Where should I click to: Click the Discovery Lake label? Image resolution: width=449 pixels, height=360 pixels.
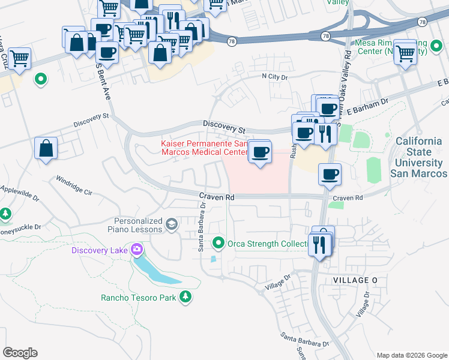(100, 250)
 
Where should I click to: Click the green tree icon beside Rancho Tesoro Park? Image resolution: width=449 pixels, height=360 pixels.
(185, 296)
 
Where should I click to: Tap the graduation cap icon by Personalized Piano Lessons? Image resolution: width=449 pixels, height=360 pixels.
(172, 224)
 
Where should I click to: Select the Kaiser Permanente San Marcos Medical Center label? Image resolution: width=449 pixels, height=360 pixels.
(204, 148)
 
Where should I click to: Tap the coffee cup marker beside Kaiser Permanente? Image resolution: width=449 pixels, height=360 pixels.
(260, 152)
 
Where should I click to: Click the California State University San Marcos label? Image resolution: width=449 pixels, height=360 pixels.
(418, 157)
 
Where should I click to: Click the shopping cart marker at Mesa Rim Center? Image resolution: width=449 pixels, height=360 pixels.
(405, 53)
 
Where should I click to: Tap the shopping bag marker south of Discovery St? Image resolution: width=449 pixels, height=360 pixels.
(46, 149)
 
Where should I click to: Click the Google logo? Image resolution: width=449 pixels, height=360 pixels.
(20, 353)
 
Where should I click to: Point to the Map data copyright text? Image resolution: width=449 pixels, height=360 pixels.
(411, 355)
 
